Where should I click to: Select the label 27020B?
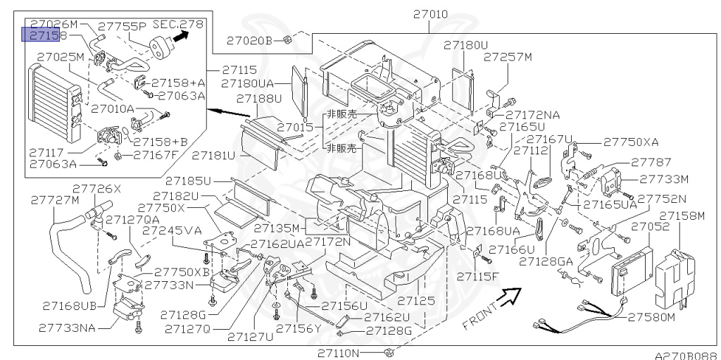pyautogui.click(x=249, y=40)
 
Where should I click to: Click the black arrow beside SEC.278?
pyautogui.click(x=184, y=36)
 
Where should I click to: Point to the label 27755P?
pyautogui.click(x=123, y=26)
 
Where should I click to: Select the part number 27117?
pyautogui.click(x=47, y=151)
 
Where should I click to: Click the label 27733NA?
pyautogui.click(x=68, y=328)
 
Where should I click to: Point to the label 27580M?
pyautogui.click(x=653, y=317)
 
